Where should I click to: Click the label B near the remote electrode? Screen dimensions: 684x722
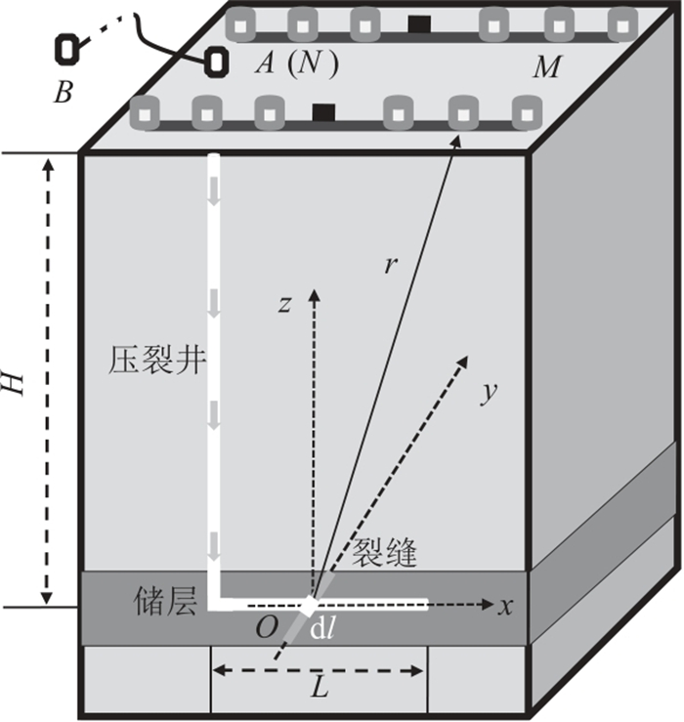click(63, 94)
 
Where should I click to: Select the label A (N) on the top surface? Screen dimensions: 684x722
click(295, 65)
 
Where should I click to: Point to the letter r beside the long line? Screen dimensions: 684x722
click(390, 266)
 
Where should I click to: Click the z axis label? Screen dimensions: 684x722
click(284, 304)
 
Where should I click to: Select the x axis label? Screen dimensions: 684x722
click(505, 606)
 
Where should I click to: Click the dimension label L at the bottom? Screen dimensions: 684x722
click(319, 689)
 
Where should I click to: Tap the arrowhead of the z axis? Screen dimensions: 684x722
click(313, 293)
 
